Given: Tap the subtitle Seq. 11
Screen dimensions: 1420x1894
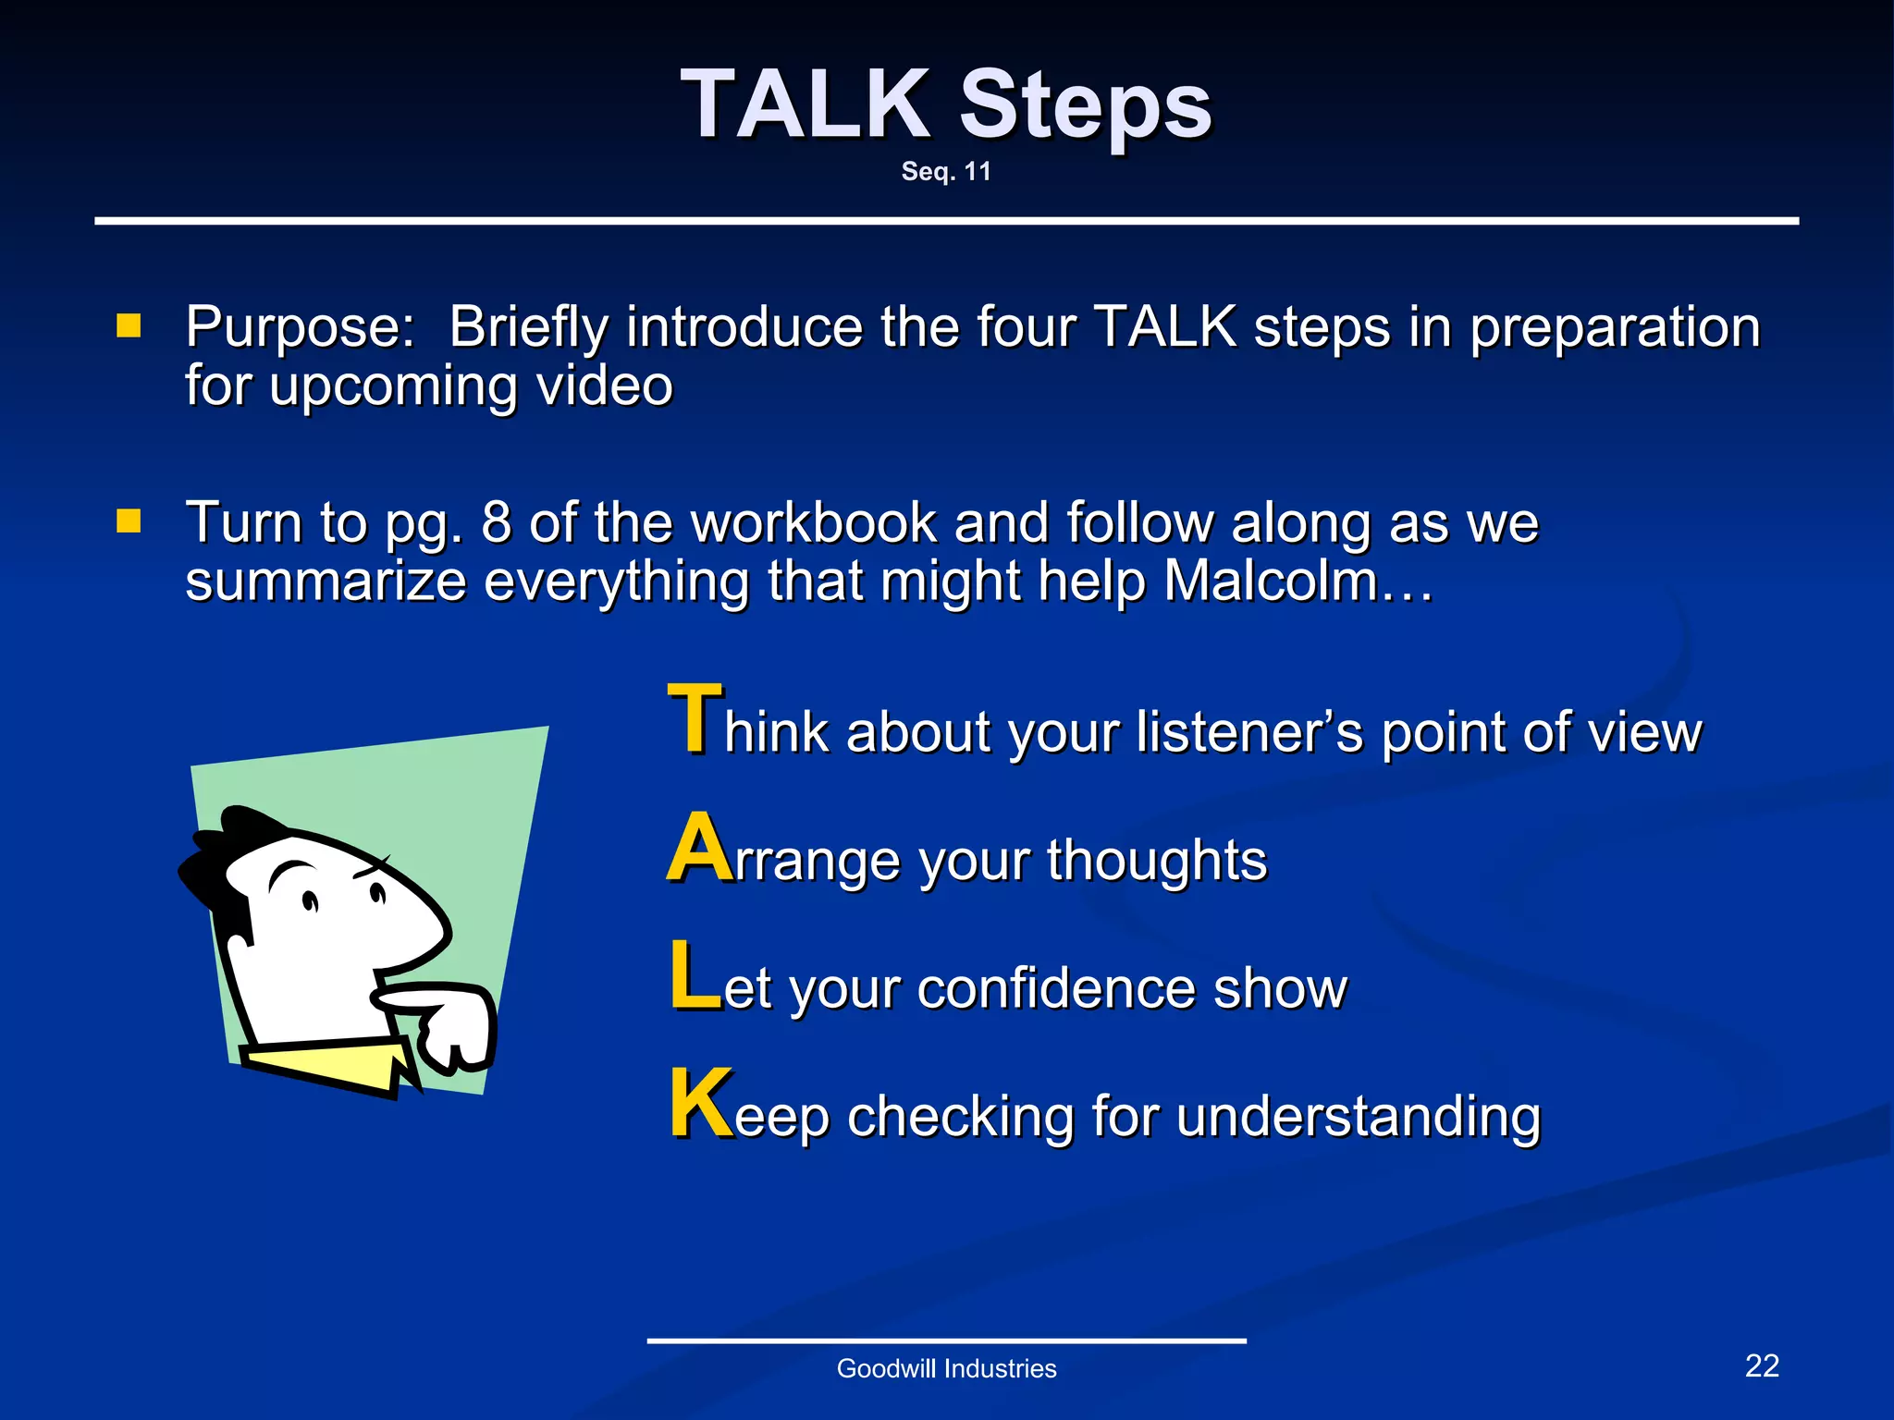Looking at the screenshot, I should tap(946, 172).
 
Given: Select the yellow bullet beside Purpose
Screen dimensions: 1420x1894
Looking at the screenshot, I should tap(129, 325).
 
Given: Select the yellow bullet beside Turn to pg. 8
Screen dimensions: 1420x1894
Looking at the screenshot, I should tap(129, 521).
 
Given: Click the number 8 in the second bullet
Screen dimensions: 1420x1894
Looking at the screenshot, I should tap(496, 522).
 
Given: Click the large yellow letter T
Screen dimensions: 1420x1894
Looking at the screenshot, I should tap(695, 718).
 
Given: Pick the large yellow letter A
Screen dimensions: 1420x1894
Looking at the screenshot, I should tap(698, 848).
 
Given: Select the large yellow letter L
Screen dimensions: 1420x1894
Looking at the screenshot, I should tap(694, 975).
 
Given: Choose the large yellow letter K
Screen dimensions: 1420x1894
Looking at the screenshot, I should tap(700, 1104).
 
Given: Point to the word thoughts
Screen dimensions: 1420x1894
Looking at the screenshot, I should tap(1156, 861).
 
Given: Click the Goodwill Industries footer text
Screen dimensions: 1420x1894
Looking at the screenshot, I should tap(946, 1368).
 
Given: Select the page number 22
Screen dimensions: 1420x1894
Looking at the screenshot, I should tap(1761, 1365).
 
